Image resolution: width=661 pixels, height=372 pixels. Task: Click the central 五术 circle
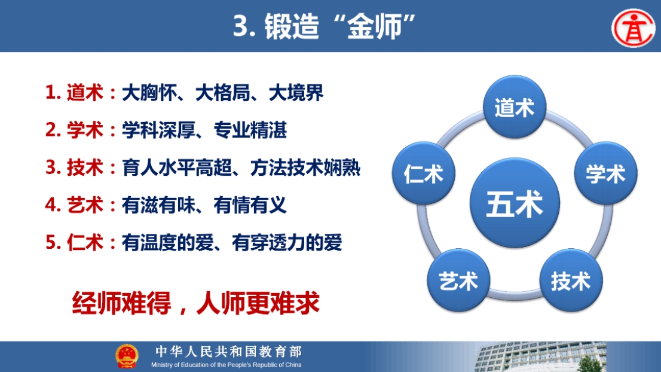(515, 203)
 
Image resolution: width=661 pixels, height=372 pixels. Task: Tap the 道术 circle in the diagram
(515, 107)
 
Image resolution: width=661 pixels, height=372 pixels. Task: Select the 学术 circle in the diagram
(606, 173)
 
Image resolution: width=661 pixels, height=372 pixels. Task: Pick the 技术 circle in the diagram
(571, 280)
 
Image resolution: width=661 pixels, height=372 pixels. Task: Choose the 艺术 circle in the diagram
(458, 280)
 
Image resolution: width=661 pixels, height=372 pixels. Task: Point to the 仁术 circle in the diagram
(424, 173)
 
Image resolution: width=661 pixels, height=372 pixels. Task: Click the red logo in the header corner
(634, 28)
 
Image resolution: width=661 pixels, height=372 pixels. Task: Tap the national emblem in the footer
(127, 356)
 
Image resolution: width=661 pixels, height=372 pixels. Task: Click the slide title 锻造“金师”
(325, 26)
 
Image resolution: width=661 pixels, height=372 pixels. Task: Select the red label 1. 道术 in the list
(74, 92)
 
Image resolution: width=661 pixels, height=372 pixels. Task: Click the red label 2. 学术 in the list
(74, 130)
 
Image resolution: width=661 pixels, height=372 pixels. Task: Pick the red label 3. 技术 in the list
(74, 167)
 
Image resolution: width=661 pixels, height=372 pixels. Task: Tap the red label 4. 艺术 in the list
(74, 205)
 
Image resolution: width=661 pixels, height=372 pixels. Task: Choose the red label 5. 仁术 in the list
(74, 242)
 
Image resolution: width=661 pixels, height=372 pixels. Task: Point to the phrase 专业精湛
(250, 130)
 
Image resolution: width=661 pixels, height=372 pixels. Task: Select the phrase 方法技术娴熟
(305, 167)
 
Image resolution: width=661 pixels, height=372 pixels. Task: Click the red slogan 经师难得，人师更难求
(196, 303)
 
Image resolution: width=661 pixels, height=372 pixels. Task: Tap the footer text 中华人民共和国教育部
(228, 351)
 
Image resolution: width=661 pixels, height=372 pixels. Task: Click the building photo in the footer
(541, 357)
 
